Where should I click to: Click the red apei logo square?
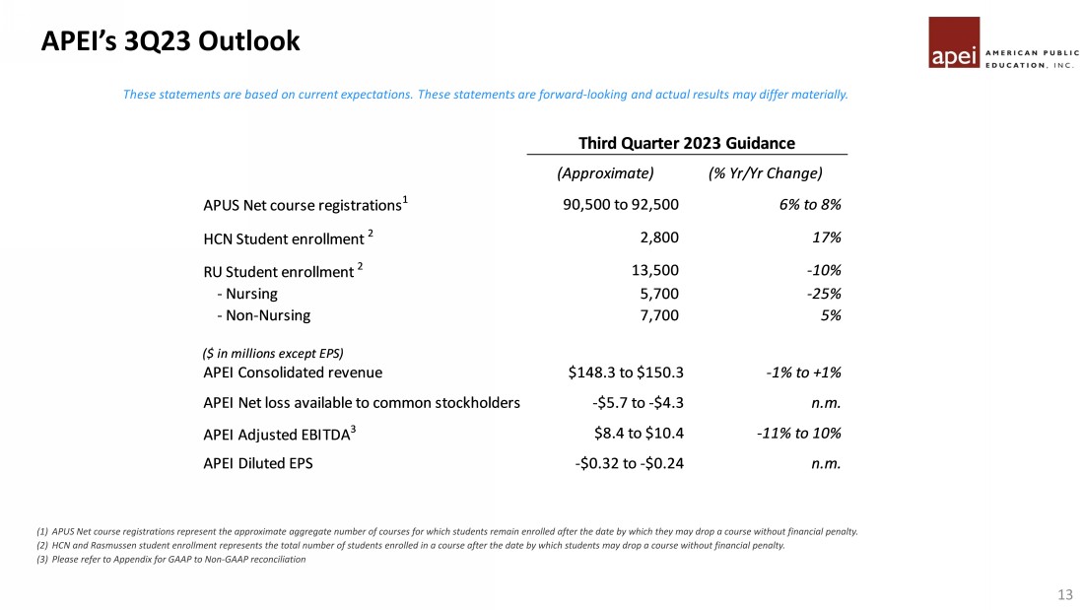click(954, 43)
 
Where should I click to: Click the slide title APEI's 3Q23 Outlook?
click(170, 41)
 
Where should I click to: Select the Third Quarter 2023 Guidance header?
click(686, 143)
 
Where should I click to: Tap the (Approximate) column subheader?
click(605, 173)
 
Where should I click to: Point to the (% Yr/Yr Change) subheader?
click(765, 173)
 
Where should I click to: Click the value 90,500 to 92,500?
click(620, 205)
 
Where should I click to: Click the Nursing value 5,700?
click(659, 294)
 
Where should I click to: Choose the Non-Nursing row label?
click(263, 315)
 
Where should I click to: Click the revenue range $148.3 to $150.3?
click(626, 373)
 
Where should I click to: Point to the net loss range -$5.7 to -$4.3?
click(631, 402)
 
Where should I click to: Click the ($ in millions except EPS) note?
click(272, 353)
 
